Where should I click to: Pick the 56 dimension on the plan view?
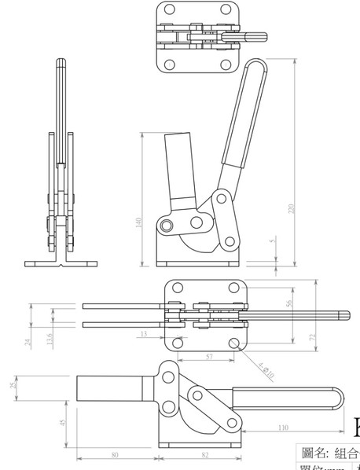tap(287, 302)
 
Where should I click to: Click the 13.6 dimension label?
tap(50, 340)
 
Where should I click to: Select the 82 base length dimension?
tap(204, 454)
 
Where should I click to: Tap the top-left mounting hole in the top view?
tap(167, 10)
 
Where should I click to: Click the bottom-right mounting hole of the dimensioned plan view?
tap(233, 343)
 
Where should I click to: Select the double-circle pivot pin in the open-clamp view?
tap(167, 226)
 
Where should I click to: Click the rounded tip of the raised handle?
tap(256, 62)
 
